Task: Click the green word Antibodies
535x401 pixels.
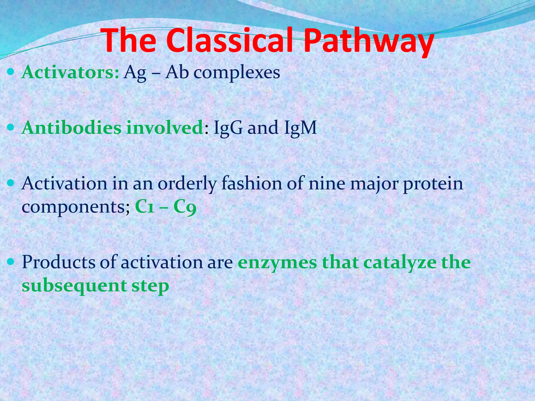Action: pos(71,128)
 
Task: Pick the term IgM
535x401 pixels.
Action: pos(300,128)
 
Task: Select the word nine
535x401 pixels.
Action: pos(327,184)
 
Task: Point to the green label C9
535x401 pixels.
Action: pos(185,207)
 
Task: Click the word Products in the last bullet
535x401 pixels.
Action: pos(59,262)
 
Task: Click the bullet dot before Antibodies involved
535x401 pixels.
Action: pos(11,128)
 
